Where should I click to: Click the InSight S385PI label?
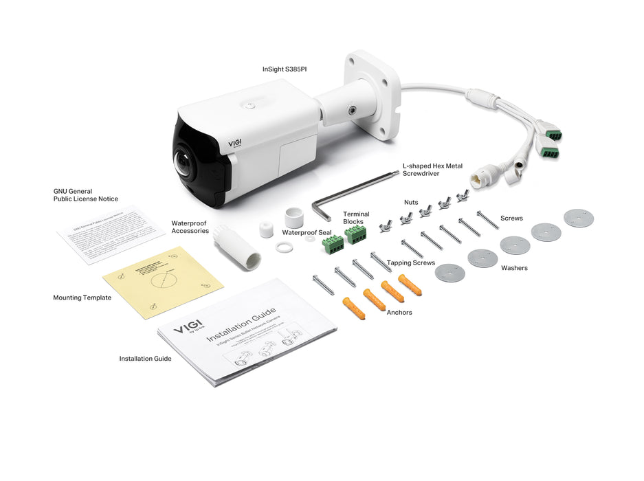[285, 69]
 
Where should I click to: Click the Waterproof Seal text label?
[307, 232]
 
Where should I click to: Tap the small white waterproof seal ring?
[282, 247]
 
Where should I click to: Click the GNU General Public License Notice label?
[86, 195]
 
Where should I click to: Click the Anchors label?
[399, 313]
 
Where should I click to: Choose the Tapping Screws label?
[410, 262]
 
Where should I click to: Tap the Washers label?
[514, 268]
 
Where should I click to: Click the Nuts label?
[411, 203]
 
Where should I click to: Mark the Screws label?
[511, 219]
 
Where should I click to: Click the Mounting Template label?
[82, 298]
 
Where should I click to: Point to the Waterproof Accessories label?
[190, 227]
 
